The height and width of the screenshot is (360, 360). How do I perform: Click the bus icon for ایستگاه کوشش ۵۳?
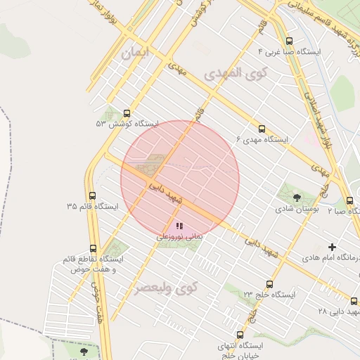click(x=127, y=112)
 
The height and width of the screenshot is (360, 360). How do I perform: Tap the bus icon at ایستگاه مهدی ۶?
click(x=262, y=129)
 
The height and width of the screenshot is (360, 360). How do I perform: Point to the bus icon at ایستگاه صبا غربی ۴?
click(x=290, y=41)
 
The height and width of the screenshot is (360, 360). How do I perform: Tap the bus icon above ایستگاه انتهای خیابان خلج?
click(x=240, y=335)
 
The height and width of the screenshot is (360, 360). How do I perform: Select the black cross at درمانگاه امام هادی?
click(x=333, y=247)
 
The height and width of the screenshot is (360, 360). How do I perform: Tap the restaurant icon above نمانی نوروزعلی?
click(x=179, y=226)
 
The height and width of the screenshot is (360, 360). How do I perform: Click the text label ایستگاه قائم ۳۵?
click(x=92, y=207)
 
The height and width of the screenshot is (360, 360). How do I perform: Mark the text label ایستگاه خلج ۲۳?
click(x=269, y=295)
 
